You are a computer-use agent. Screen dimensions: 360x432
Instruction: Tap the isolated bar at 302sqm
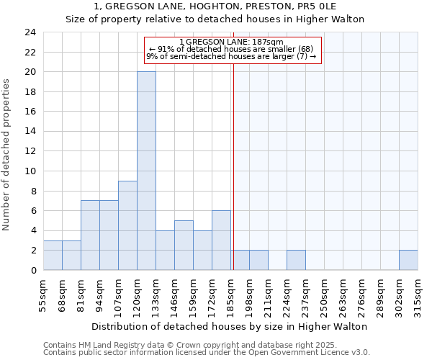pyautogui.click(x=408, y=260)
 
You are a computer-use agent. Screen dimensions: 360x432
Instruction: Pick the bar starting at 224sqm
pyautogui.click(x=296, y=260)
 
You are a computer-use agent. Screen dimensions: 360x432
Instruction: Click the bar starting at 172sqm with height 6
pyautogui.click(x=221, y=240)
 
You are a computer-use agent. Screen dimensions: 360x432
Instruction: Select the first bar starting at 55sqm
pyautogui.click(x=53, y=255)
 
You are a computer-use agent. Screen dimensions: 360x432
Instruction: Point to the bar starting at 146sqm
pyautogui.click(x=184, y=246)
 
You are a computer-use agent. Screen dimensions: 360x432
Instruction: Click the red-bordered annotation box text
pyautogui.click(x=232, y=49)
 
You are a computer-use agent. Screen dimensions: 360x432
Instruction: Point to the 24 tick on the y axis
pyautogui.click(x=31, y=32)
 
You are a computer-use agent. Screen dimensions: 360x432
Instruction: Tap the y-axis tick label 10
pyautogui.click(x=31, y=171)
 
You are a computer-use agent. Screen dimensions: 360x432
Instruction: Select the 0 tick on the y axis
pyautogui.click(x=34, y=271)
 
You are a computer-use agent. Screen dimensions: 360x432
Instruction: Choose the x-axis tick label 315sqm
pyautogui.click(x=418, y=294)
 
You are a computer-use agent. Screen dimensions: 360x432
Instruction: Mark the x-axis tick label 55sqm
pyautogui.click(x=44, y=294)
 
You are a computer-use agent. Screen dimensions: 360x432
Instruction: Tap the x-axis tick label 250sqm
pyautogui.click(x=325, y=294)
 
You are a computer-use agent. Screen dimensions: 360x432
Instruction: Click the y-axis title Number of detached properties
pyautogui.click(x=6, y=156)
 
